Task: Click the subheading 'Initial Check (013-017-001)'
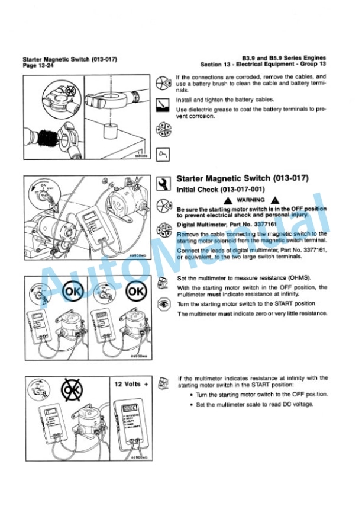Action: coord(217,189)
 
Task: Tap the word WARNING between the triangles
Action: coord(251,200)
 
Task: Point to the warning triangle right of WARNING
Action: coord(273,200)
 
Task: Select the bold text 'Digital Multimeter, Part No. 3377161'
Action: coord(224,225)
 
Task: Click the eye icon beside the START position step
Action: coord(166,303)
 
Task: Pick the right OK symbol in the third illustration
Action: coord(135,293)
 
